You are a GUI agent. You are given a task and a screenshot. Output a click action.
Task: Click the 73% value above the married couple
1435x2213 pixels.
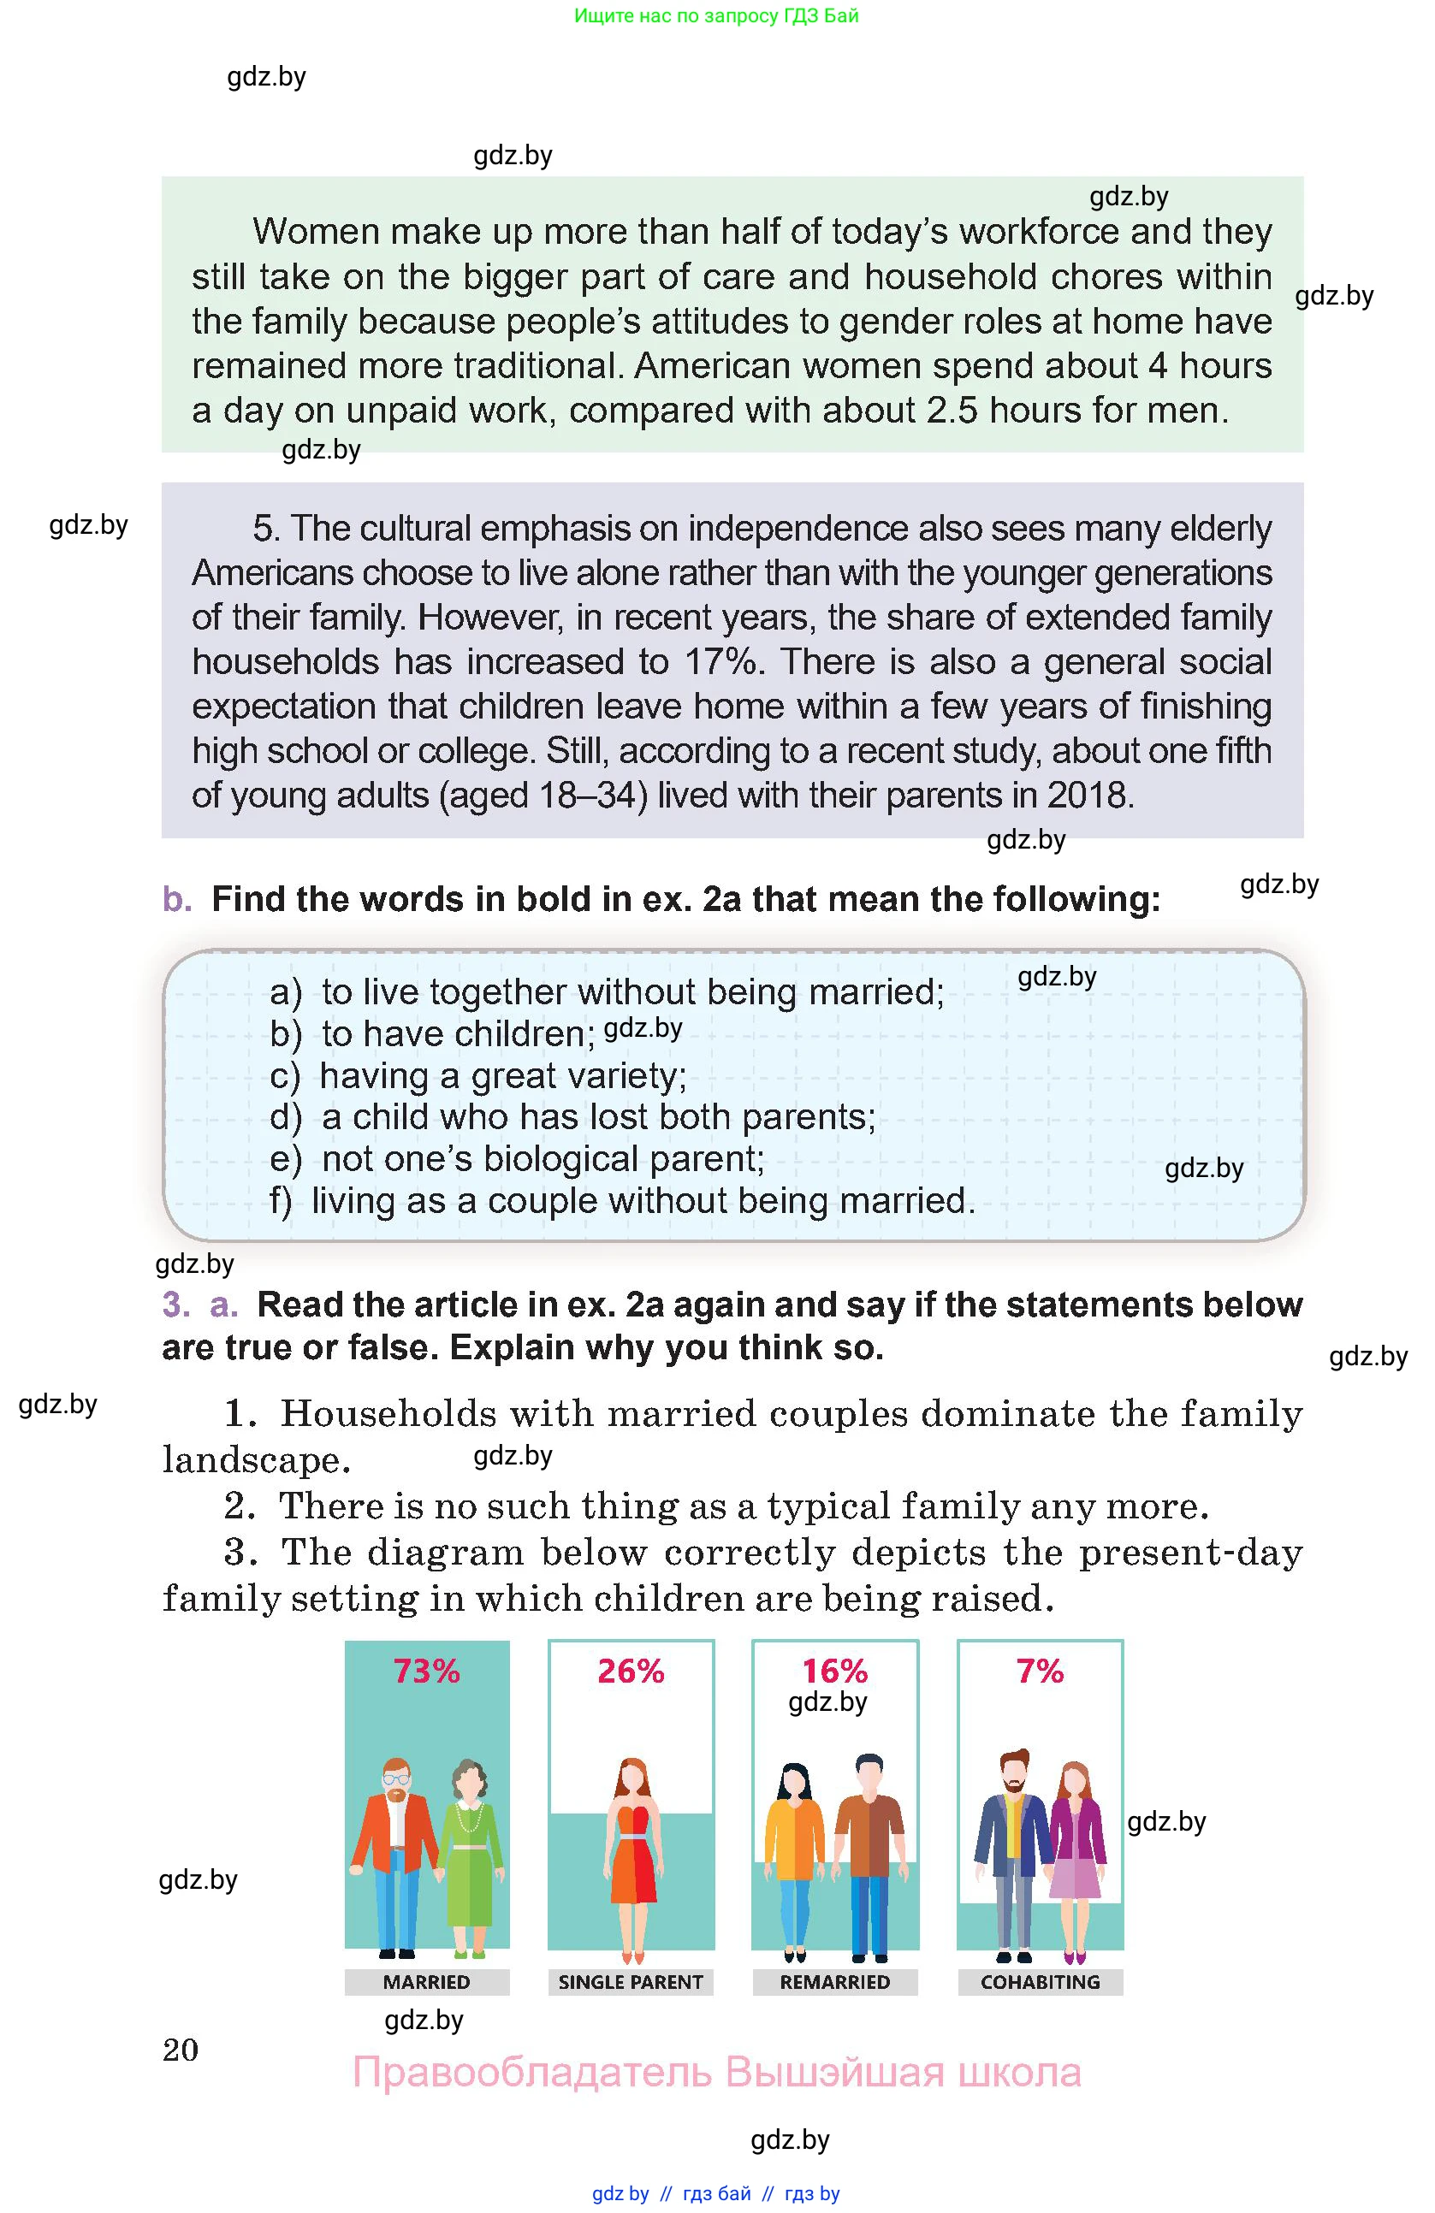pos(426,1671)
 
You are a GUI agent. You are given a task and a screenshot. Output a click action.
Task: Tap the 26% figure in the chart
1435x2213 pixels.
pos(631,1671)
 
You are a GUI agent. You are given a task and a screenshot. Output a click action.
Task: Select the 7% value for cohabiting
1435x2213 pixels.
pos(1040,1671)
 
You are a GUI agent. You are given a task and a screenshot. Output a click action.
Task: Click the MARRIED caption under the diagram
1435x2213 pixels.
pos(427,1981)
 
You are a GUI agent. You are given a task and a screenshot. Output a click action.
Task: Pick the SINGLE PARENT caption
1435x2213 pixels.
pos(631,1981)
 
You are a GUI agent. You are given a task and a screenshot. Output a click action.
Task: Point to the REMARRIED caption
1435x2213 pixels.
pos(835,1981)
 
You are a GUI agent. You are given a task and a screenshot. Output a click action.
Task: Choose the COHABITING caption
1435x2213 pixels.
pos(1040,1981)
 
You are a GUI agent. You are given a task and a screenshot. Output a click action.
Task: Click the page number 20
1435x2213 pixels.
pos(181,2050)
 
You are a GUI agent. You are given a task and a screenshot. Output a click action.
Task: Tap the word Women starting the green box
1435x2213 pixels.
pos(313,232)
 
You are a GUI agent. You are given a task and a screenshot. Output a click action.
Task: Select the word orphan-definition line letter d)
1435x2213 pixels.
pos(285,1116)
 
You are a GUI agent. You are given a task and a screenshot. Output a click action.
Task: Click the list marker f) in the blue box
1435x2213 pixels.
pos(281,1200)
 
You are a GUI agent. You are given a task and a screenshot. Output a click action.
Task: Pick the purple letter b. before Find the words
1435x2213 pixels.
pos(177,899)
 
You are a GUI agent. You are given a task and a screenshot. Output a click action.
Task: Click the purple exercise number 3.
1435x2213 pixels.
pos(175,1305)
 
